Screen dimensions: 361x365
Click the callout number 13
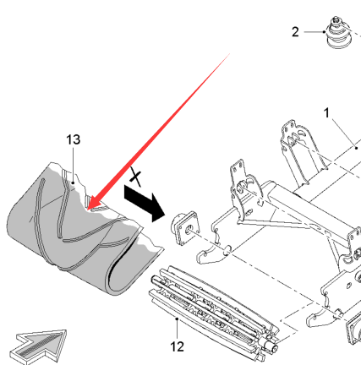(x=74, y=139)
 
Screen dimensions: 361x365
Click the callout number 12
(x=177, y=346)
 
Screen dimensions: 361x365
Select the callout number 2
(x=295, y=32)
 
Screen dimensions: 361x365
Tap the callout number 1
(x=326, y=113)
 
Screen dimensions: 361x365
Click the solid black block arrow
(x=145, y=203)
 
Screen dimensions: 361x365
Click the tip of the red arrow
(x=88, y=210)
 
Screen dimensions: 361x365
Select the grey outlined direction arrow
(x=39, y=348)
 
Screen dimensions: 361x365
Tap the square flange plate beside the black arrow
(x=185, y=228)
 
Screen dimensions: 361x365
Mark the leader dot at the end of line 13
(x=74, y=182)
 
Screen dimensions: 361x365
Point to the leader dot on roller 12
(x=177, y=319)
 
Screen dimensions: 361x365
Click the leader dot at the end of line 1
(x=357, y=148)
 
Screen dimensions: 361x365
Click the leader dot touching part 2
(x=325, y=32)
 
